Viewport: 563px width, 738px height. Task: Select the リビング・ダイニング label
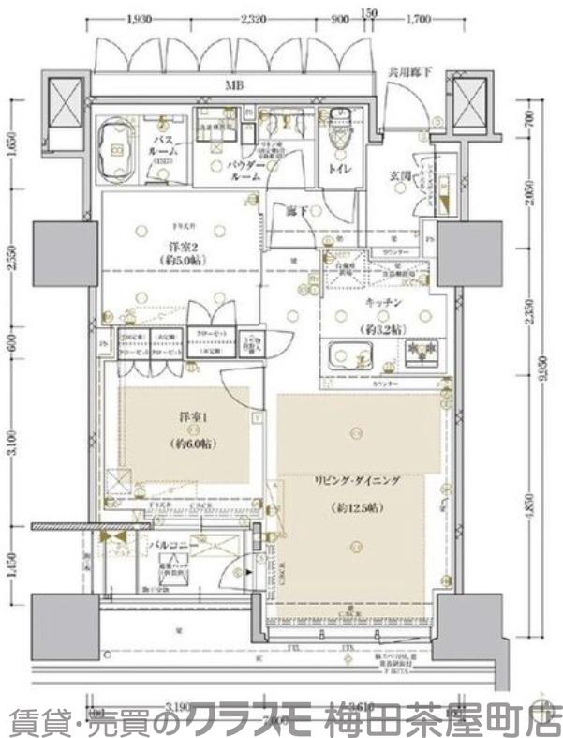point(357,480)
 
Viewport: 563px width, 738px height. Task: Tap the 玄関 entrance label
point(404,175)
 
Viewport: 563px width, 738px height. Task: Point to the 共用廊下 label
point(408,70)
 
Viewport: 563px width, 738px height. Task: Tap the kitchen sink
point(351,356)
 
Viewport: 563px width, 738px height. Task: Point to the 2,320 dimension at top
point(254,18)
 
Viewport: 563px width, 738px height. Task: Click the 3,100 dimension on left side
point(12,439)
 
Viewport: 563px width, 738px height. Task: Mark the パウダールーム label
point(245,170)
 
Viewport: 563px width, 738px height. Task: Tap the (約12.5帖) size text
point(357,507)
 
